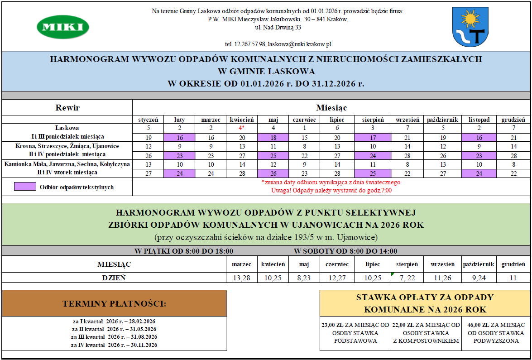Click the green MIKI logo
point(62,27)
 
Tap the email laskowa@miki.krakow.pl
point(300,44)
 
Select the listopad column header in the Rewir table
point(479,120)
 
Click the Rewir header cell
point(67,108)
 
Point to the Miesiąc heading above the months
point(331,108)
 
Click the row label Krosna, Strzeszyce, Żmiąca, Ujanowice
point(67,146)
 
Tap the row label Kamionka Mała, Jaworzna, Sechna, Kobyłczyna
point(67,163)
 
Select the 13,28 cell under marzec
point(242,278)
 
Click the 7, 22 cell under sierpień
point(407,278)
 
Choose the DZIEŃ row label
point(114,278)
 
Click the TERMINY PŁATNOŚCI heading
point(114,303)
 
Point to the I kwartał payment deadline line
point(114,322)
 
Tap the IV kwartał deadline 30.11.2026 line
point(114,345)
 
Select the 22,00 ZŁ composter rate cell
point(426,333)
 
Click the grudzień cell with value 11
point(513,278)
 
